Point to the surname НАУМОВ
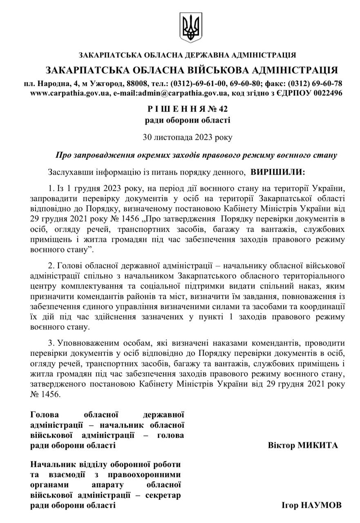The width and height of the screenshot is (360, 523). tap(321, 505)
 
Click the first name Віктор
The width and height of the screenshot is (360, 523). tap(281, 445)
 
